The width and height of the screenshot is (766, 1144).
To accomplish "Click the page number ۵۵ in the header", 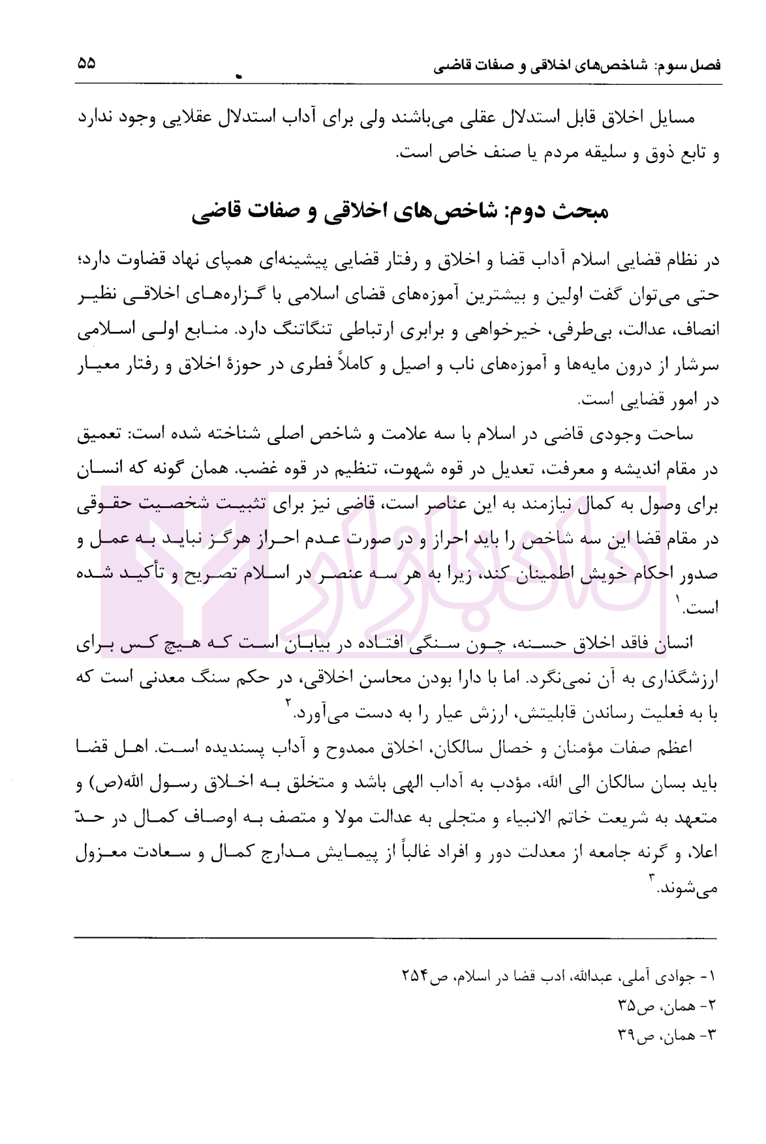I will coord(86,63).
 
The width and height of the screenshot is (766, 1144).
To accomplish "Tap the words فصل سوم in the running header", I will coord(692,67).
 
